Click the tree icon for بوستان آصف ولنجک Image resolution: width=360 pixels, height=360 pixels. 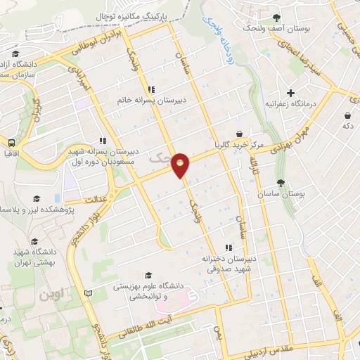coord(276,18)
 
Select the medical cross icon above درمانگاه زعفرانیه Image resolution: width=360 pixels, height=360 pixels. coord(290,93)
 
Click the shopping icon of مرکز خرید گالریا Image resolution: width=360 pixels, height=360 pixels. coord(240,134)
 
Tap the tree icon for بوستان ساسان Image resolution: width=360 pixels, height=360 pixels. coord(281,183)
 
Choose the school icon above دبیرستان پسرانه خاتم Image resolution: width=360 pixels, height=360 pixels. coord(151,89)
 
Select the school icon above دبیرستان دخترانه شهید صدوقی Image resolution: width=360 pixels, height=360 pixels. coord(227,247)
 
